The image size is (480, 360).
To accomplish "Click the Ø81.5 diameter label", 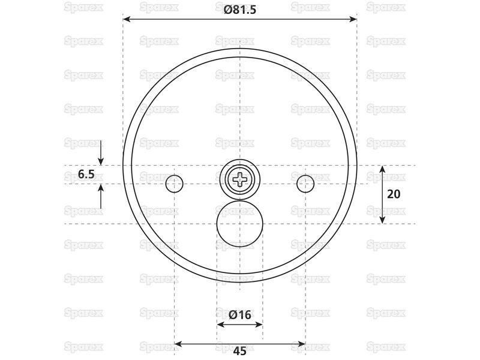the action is click(239, 10).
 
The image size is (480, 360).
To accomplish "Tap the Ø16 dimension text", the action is click(240, 314).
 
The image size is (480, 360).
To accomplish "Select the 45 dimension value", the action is click(239, 351).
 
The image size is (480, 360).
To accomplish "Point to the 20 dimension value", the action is click(394, 194).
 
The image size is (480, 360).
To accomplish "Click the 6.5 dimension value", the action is click(86, 175).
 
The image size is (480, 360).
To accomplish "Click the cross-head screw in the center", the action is click(240, 180).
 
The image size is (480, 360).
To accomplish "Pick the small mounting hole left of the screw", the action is click(174, 184).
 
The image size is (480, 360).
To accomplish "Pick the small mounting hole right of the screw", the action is click(305, 184).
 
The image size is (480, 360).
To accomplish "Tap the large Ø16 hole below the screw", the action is click(239, 224).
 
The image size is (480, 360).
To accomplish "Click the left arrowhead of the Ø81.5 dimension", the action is click(127, 19).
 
